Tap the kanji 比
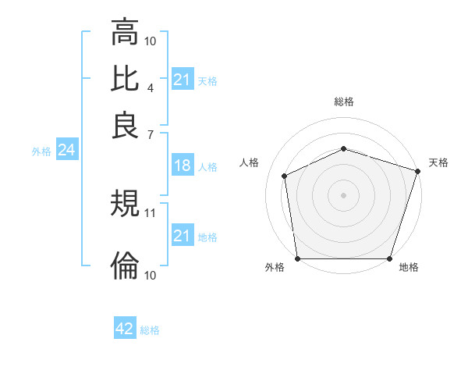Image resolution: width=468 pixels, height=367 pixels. (125, 79)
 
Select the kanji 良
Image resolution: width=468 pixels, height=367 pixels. (125, 125)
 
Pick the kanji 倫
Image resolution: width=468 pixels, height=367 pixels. (125, 266)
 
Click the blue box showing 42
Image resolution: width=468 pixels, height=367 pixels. (125, 329)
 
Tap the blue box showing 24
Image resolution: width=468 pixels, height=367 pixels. (66, 151)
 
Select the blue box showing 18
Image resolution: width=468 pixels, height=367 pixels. (182, 166)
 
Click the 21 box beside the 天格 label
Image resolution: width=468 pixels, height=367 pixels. (182, 80)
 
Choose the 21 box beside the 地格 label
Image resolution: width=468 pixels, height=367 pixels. (182, 236)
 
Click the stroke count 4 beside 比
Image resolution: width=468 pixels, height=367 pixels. (150, 87)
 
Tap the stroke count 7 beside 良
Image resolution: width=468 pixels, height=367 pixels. (150, 134)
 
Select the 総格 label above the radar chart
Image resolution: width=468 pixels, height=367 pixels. (344, 102)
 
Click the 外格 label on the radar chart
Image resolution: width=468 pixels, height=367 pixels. (275, 268)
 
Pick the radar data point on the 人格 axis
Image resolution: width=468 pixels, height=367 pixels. (285, 176)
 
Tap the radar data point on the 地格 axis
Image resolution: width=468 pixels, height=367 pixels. (389, 258)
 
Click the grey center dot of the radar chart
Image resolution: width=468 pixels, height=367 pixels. (344, 195)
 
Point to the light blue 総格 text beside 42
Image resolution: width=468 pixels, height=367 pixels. (150, 330)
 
